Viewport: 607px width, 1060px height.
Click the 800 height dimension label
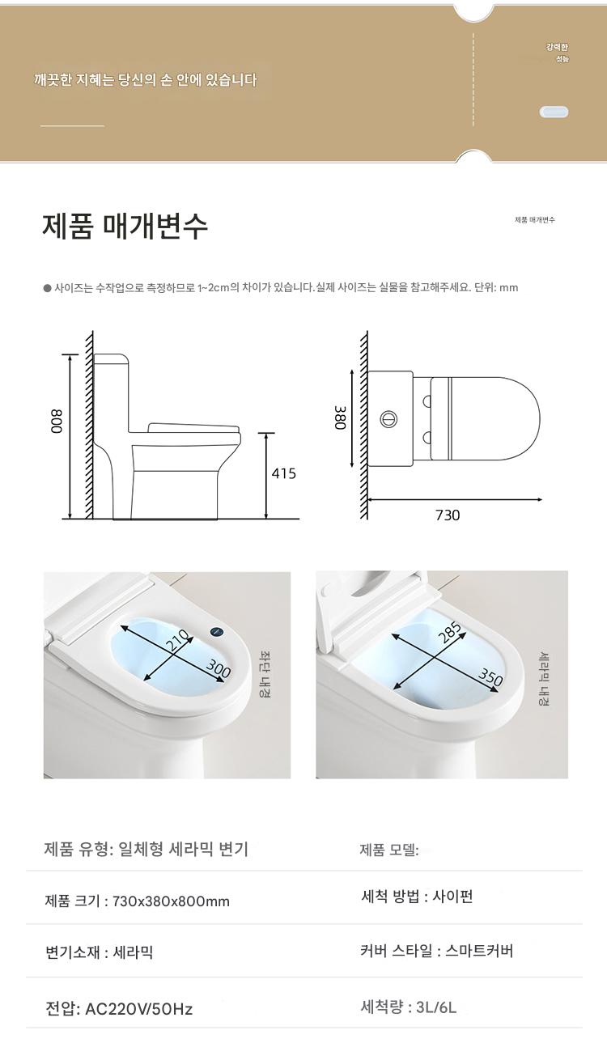point(57,421)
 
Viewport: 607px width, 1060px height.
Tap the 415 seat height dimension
point(283,473)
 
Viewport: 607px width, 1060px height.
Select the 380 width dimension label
point(340,417)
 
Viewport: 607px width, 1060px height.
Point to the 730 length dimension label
point(448,515)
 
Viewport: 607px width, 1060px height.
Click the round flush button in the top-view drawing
point(388,419)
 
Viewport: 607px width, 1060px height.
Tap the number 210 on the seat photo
point(180,642)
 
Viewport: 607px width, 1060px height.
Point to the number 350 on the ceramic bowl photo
point(490,677)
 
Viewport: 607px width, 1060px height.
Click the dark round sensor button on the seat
point(216,632)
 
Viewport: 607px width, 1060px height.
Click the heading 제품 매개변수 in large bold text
point(125,227)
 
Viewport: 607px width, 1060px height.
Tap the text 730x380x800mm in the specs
point(171,901)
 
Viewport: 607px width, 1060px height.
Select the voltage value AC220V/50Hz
point(138,1009)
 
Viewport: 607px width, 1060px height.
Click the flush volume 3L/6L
point(436,1007)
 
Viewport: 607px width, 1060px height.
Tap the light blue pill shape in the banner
point(554,112)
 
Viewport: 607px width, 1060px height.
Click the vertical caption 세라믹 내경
point(544,679)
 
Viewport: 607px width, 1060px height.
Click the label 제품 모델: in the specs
point(389,850)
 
